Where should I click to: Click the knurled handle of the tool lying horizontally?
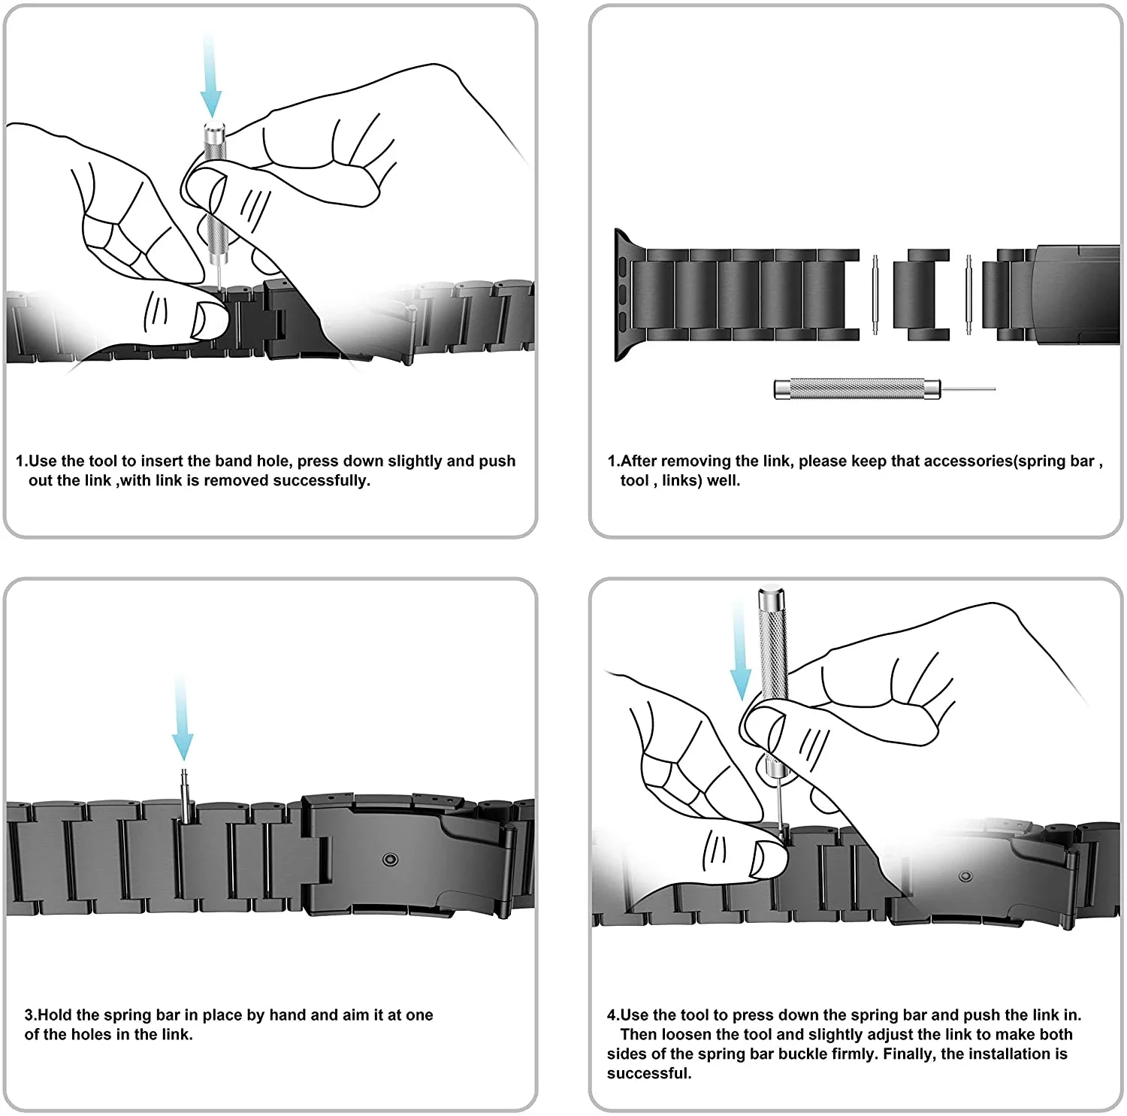coord(857,389)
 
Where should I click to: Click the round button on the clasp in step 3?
coord(389,859)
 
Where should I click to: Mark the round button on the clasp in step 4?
coord(965,877)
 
